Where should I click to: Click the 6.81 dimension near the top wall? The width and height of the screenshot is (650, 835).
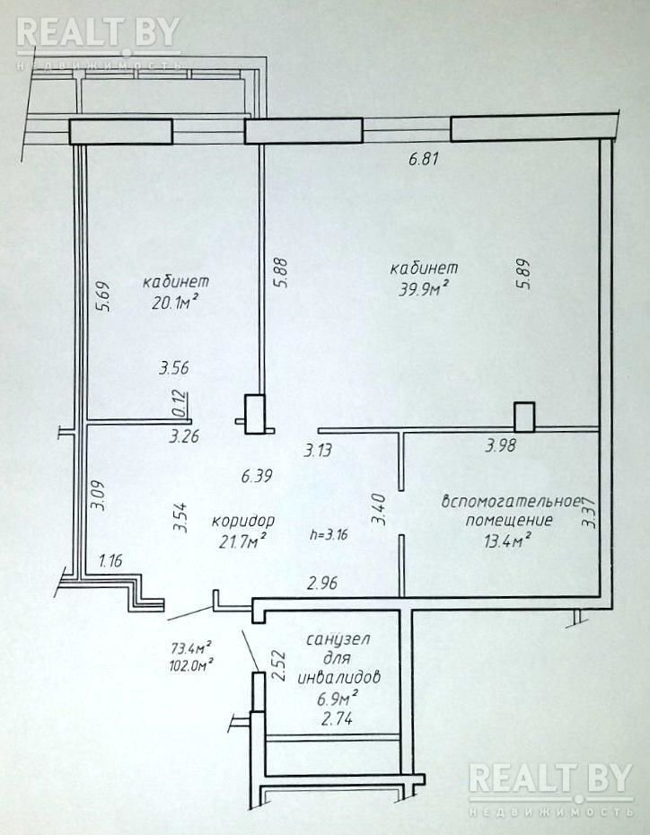(x=423, y=159)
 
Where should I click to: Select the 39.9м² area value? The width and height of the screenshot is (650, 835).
(x=423, y=289)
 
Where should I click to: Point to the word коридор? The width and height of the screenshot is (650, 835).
(x=243, y=521)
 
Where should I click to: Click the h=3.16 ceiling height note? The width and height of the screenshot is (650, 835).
(x=329, y=534)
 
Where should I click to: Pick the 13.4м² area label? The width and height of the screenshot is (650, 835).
(x=508, y=541)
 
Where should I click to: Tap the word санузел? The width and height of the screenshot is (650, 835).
(x=338, y=639)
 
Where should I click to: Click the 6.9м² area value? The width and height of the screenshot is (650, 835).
(x=337, y=697)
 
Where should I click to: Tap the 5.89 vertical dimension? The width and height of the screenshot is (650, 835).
(x=523, y=273)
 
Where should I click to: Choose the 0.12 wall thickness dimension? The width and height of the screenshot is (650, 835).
(x=181, y=403)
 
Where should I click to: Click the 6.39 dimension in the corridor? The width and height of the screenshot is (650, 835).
(x=257, y=476)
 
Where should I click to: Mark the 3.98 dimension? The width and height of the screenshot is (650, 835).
(x=500, y=445)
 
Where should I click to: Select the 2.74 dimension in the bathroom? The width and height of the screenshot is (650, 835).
(x=337, y=719)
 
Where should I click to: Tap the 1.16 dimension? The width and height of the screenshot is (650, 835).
(x=110, y=561)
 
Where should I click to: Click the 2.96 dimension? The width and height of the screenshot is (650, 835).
(x=322, y=584)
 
